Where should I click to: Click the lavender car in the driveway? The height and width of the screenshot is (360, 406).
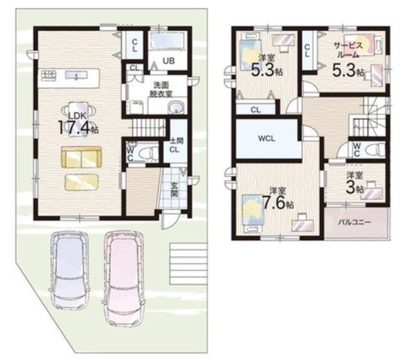coord(70,269)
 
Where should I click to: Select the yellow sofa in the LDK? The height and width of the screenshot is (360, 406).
coord(82,157)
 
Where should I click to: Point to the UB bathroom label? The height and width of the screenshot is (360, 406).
coord(169,61)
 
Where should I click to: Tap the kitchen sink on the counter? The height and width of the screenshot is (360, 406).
coord(76,75)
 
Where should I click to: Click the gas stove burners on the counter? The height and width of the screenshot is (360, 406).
coord(49,75)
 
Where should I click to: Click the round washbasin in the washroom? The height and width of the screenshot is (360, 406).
coord(176,107)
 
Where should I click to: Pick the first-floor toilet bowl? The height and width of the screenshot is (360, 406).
coord(148,153)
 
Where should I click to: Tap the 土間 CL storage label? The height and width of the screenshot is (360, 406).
coord(176,145)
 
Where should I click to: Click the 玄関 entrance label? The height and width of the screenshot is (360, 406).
coord(174,190)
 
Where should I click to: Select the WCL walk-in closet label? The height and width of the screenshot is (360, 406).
coord(267,138)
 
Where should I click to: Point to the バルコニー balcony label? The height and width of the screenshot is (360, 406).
coord(355,222)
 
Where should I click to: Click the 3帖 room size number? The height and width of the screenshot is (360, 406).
coord(351,188)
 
